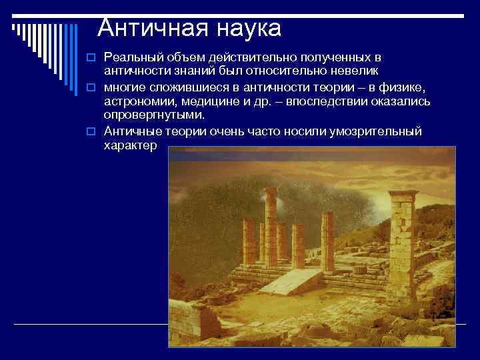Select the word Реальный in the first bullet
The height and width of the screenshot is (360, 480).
pos(130,59)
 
